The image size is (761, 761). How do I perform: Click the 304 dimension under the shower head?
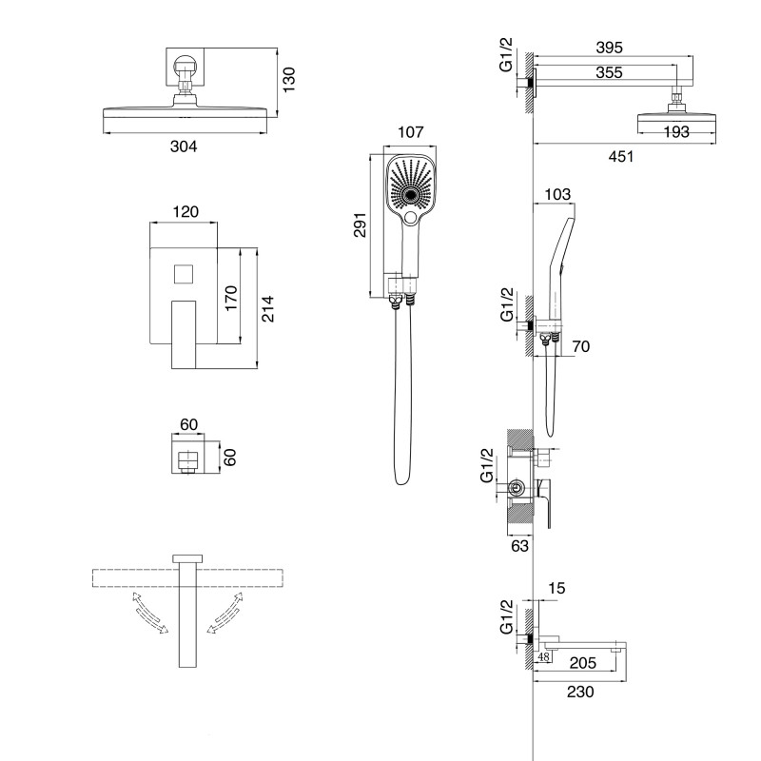184,146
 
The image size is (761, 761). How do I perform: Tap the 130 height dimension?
289,80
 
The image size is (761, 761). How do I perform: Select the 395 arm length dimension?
609,48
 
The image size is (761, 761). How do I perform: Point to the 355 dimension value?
609,72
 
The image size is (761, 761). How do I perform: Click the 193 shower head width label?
676,131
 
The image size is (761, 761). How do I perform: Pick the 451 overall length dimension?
621,156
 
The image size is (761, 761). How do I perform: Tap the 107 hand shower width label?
411,132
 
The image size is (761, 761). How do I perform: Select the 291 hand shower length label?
360,224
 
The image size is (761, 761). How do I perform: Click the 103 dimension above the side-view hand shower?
557,194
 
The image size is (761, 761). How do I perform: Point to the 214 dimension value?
267,308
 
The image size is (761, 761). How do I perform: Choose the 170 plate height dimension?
231,299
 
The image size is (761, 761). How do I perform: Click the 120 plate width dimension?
185,211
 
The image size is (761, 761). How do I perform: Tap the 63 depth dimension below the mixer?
519,546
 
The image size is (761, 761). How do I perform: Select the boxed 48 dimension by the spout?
543,657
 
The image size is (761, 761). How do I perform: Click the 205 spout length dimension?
582,662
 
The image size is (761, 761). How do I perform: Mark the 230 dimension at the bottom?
580,692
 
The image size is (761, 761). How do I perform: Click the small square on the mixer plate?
184,274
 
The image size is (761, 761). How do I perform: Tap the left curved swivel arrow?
149,613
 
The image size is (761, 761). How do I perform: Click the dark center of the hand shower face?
412,194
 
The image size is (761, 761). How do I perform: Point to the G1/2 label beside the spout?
506,616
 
